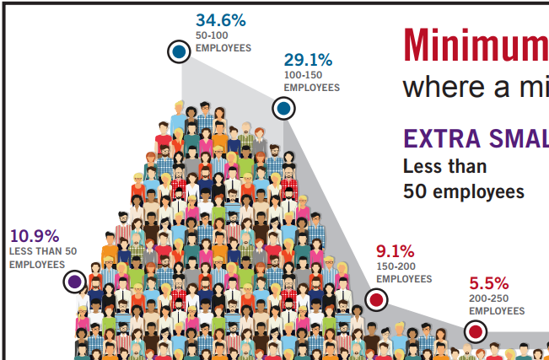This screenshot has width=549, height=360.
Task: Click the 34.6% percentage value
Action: click(221, 20)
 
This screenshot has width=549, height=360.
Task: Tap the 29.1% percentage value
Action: click(308, 60)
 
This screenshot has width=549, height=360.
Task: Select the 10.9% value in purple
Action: click(34, 236)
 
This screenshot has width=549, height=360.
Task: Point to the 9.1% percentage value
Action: click(395, 251)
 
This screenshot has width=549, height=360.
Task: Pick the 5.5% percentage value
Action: click(489, 283)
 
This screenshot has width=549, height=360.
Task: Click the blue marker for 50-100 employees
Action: click(179, 52)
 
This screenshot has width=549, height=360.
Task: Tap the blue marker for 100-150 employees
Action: click(283, 109)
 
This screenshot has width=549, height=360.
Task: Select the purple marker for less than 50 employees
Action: click(74, 282)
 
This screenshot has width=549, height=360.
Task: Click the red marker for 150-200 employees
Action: click(377, 299)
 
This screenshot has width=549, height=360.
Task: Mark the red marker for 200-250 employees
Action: click(476, 332)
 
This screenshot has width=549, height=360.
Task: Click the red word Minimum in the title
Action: click(476, 46)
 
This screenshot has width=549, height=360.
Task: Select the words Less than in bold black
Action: click(444, 166)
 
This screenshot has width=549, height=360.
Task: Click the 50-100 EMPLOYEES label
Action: click(223, 42)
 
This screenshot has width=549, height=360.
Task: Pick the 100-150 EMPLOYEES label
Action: click(311, 82)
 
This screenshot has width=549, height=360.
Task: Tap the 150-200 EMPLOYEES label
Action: click(404, 273)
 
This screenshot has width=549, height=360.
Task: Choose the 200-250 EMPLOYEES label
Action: click(498, 305)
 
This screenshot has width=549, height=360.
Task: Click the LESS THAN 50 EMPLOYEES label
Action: click(43, 258)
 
